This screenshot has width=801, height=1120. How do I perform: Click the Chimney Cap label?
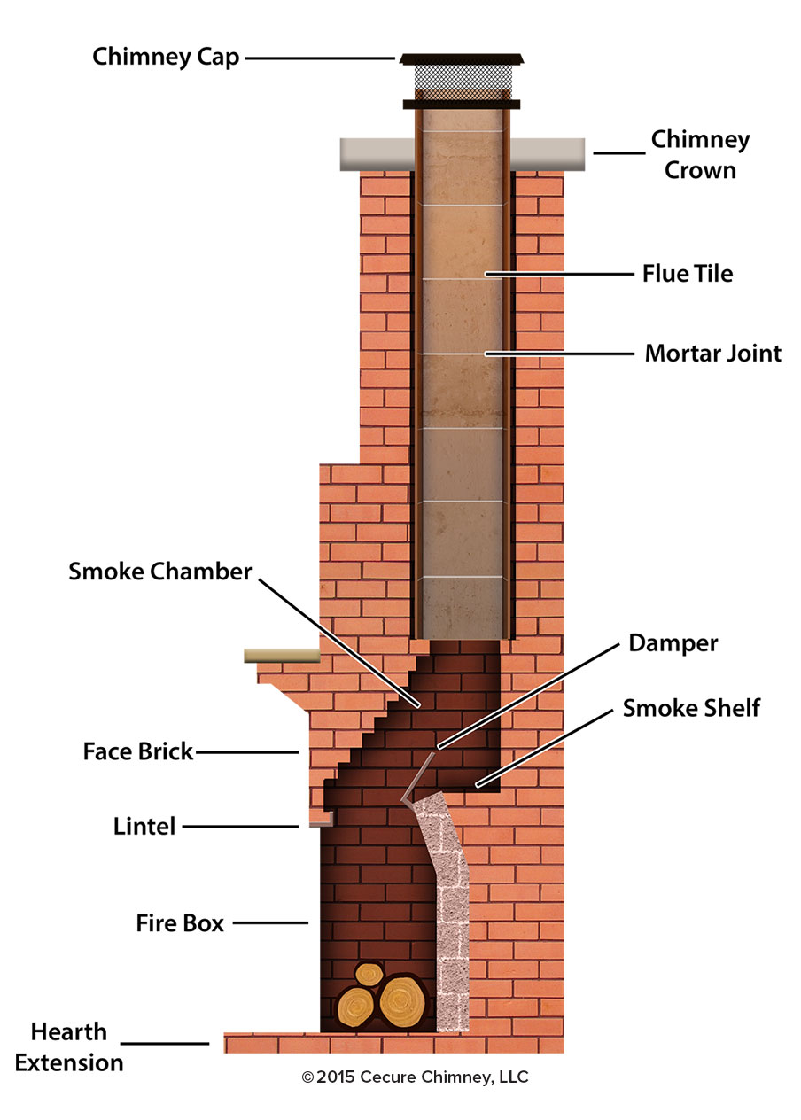click(166, 58)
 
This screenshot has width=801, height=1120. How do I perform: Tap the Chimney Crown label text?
click(700, 154)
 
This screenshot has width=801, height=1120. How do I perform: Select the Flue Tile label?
click(688, 274)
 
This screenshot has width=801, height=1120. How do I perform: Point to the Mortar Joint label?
click(712, 354)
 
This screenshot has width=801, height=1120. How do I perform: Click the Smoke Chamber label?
click(160, 572)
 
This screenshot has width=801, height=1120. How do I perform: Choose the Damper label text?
click(673, 642)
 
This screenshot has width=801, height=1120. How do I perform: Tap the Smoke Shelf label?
click(691, 708)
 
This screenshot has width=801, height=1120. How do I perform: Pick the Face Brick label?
click(137, 752)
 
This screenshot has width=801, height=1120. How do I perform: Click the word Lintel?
click(144, 827)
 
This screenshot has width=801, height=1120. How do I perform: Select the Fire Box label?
click(180, 922)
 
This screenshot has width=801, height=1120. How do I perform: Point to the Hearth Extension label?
click(69, 1047)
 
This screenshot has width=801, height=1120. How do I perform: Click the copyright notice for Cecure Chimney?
click(415, 1077)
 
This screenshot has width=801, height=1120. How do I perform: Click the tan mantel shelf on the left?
click(282, 656)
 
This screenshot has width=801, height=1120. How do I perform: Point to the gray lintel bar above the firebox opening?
click(314, 823)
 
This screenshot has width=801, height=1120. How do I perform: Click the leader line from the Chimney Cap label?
click(319, 58)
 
